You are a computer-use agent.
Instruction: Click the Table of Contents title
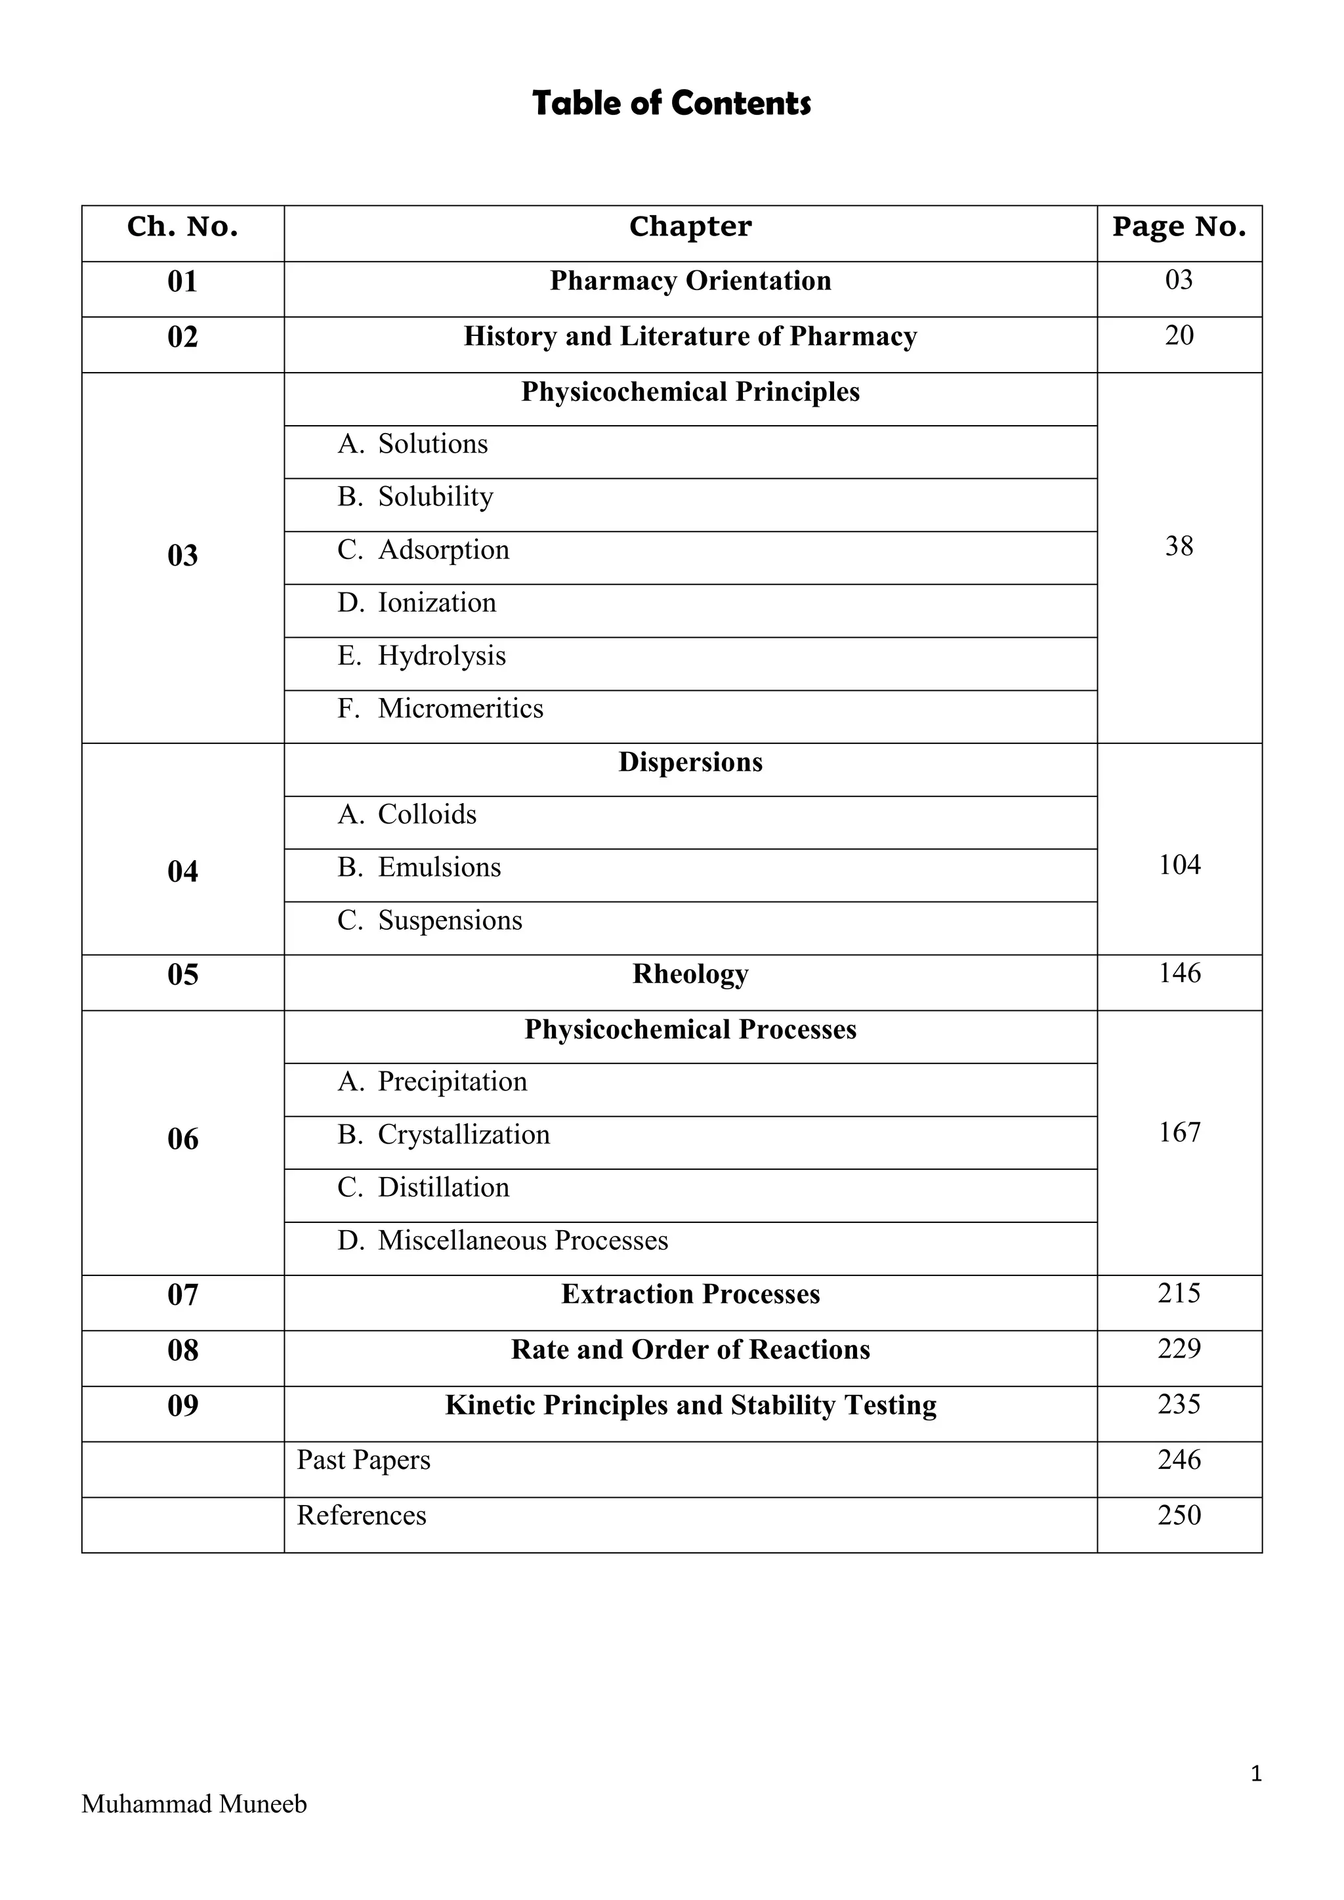(671, 104)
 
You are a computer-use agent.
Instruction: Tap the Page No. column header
(1179, 227)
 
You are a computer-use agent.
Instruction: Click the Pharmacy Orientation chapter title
(690, 281)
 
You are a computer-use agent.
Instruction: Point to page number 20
(1179, 336)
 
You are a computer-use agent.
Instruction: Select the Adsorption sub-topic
(443, 550)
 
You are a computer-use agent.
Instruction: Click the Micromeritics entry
(460, 709)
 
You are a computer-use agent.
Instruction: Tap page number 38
(1179, 546)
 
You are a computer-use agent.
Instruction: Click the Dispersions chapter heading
(690, 762)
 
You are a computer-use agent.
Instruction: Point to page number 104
(1179, 865)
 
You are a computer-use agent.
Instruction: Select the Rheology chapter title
(690, 974)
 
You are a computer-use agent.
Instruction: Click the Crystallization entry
(463, 1134)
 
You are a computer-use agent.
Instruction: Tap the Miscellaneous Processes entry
(522, 1241)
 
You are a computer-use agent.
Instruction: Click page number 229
(1179, 1349)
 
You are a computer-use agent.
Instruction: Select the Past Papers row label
(364, 1460)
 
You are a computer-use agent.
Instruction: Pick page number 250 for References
(1179, 1515)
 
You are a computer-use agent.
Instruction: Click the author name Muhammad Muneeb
(194, 1803)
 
